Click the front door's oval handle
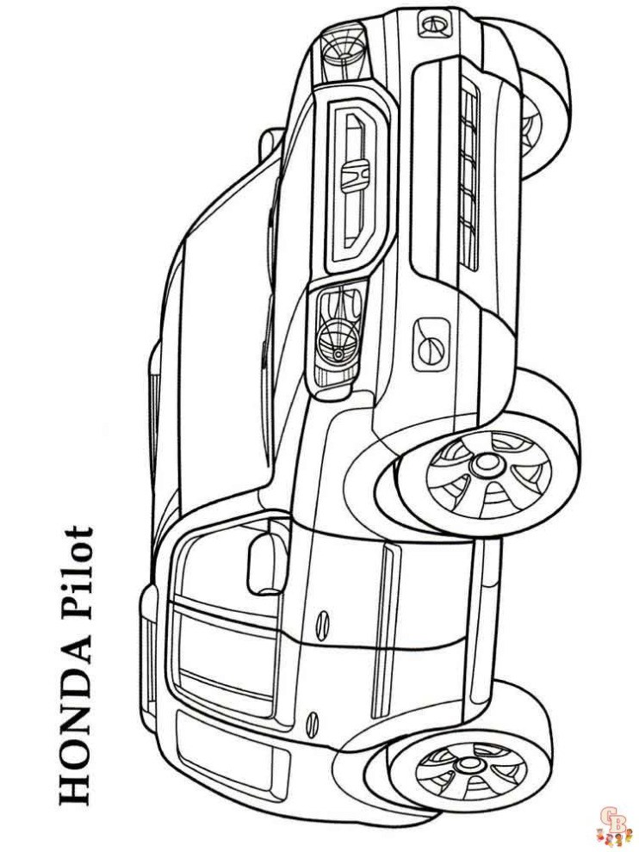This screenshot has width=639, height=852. click(322, 621)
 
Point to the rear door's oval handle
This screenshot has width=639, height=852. click(312, 720)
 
